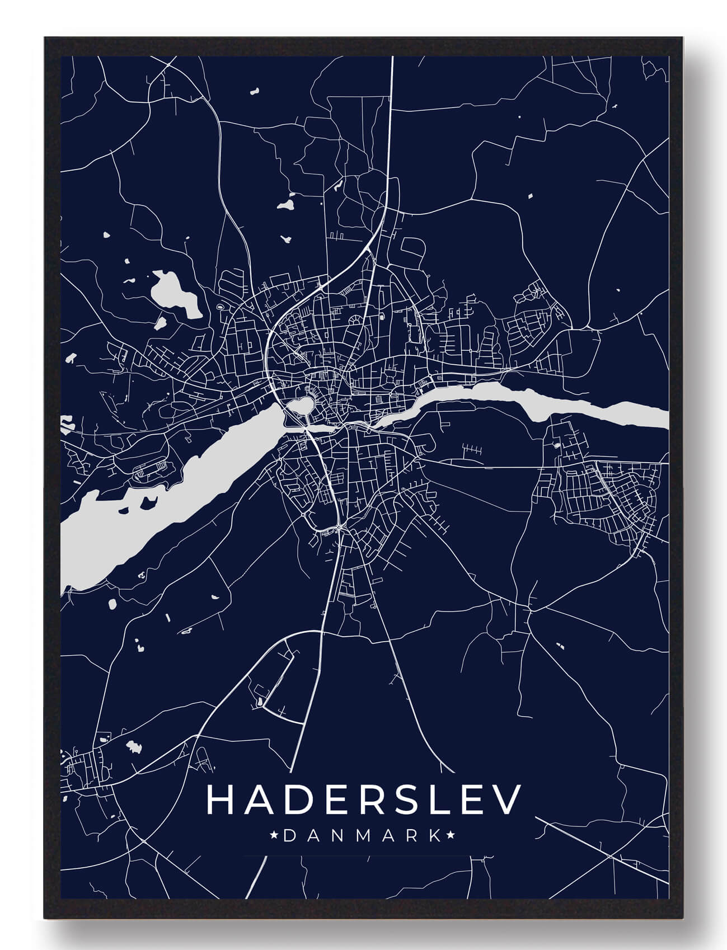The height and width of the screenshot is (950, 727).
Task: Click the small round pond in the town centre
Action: click(x=300, y=406)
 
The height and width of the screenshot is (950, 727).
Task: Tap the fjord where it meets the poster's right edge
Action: click(x=660, y=417)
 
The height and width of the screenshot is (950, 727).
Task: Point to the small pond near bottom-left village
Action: click(x=133, y=746)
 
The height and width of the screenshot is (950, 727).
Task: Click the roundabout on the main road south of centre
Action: click(x=339, y=528)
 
